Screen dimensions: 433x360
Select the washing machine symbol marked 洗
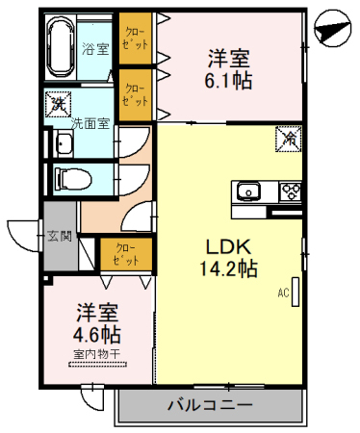(58, 103)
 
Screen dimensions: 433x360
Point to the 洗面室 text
(90, 124)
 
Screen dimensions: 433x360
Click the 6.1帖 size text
(229, 82)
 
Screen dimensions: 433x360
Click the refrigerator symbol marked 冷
(288, 139)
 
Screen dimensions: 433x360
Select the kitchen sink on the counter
(249, 191)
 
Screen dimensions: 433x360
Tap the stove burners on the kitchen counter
(289, 191)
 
